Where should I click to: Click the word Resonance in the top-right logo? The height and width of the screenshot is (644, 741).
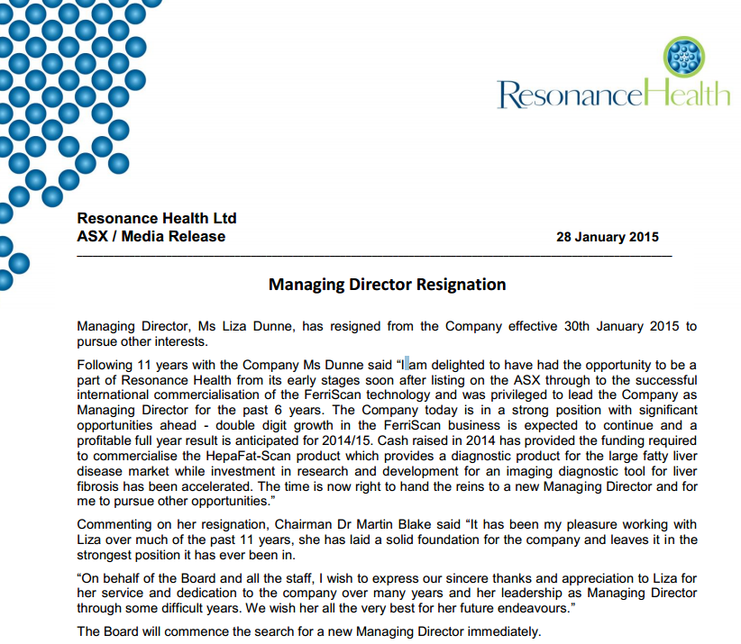pyautogui.click(x=571, y=94)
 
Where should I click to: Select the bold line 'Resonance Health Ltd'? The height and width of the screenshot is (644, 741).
pyautogui.click(x=157, y=218)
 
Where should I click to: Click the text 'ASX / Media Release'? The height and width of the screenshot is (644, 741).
pyautogui.click(x=151, y=237)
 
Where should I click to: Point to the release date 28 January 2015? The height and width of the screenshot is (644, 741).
pyautogui.click(x=608, y=238)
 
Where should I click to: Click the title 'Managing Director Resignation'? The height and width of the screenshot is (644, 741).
pyautogui.click(x=388, y=285)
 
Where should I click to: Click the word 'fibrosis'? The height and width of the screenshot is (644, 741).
pyautogui.click(x=101, y=486)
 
